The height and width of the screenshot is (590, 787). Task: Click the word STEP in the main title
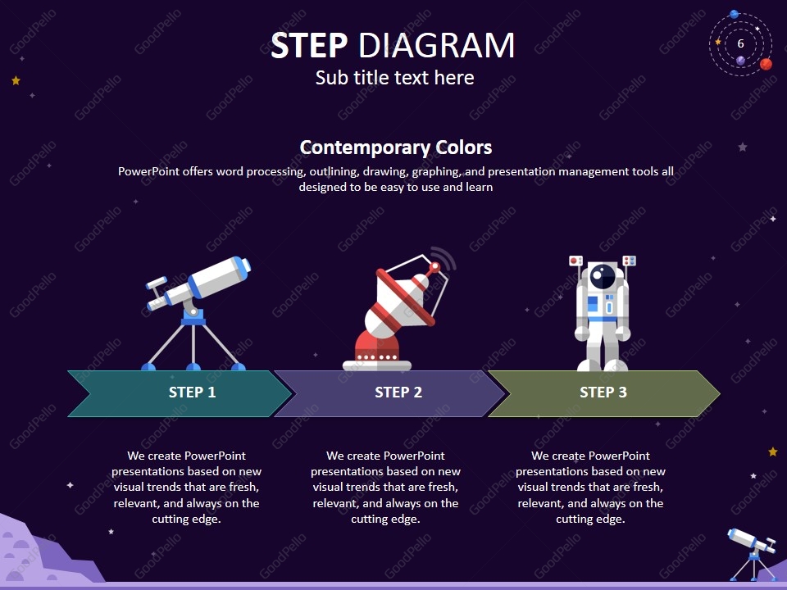(x=310, y=46)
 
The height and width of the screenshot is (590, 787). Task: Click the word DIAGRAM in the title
(x=436, y=46)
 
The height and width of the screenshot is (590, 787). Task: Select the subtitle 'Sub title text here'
(x=394, y=78)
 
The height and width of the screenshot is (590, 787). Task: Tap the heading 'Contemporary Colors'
(x=395, y=147)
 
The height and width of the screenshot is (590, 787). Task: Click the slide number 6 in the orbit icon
(x=740, y=43)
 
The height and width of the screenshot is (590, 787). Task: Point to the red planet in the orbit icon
(x=766, y=64)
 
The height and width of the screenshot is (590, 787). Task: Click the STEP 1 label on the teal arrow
(x=192, y=393)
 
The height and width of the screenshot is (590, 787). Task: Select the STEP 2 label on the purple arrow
(x=398, y=393)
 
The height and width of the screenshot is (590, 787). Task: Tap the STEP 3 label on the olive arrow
(x=603, y=393)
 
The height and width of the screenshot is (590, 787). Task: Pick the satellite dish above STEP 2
(x=397, y=303)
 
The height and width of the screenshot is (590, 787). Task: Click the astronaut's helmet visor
(x=603, y=278)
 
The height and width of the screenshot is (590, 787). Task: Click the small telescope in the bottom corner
(x=751, y=551)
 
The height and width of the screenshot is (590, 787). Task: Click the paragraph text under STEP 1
(x=186, y=487)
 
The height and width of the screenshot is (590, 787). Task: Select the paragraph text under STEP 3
(x=590, y=487)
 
